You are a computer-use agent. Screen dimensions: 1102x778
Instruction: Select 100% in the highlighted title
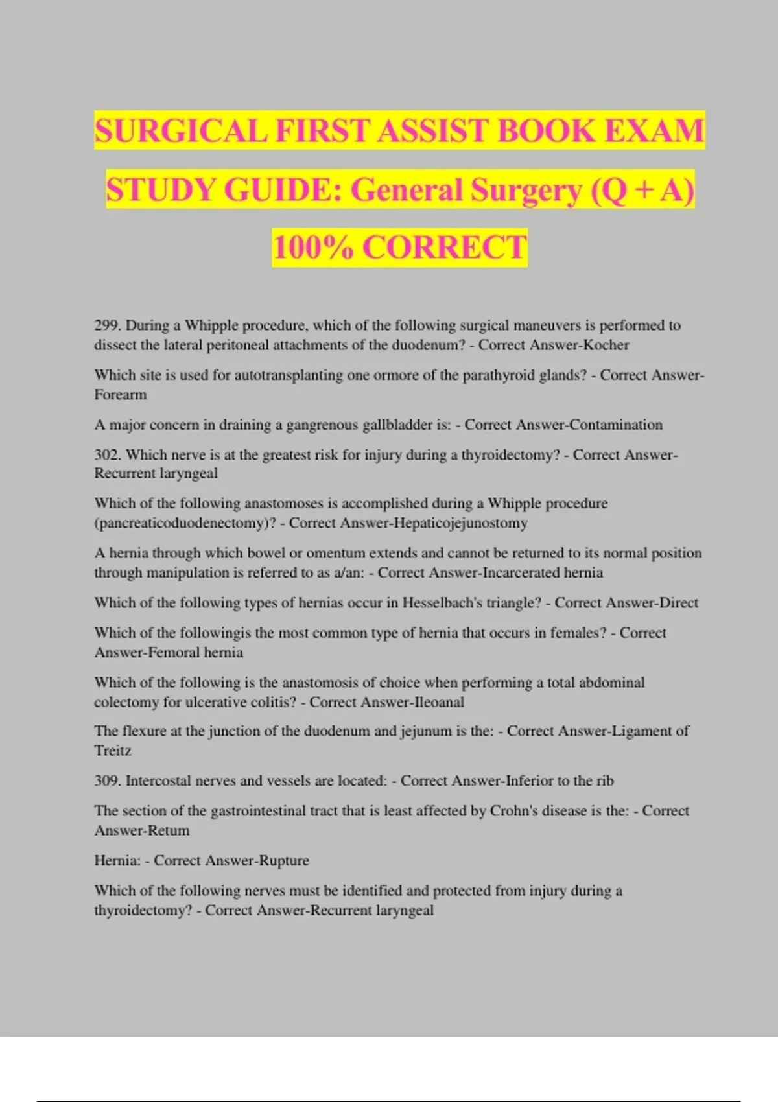(312, 248)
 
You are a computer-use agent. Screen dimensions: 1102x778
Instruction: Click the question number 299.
(108, 325)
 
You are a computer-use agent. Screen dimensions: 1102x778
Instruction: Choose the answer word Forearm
(121, 395)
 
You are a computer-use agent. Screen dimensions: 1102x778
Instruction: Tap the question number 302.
(108, 455)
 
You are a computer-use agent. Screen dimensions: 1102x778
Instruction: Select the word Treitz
(113, 751)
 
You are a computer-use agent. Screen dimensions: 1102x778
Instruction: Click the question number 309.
(108, 781)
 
